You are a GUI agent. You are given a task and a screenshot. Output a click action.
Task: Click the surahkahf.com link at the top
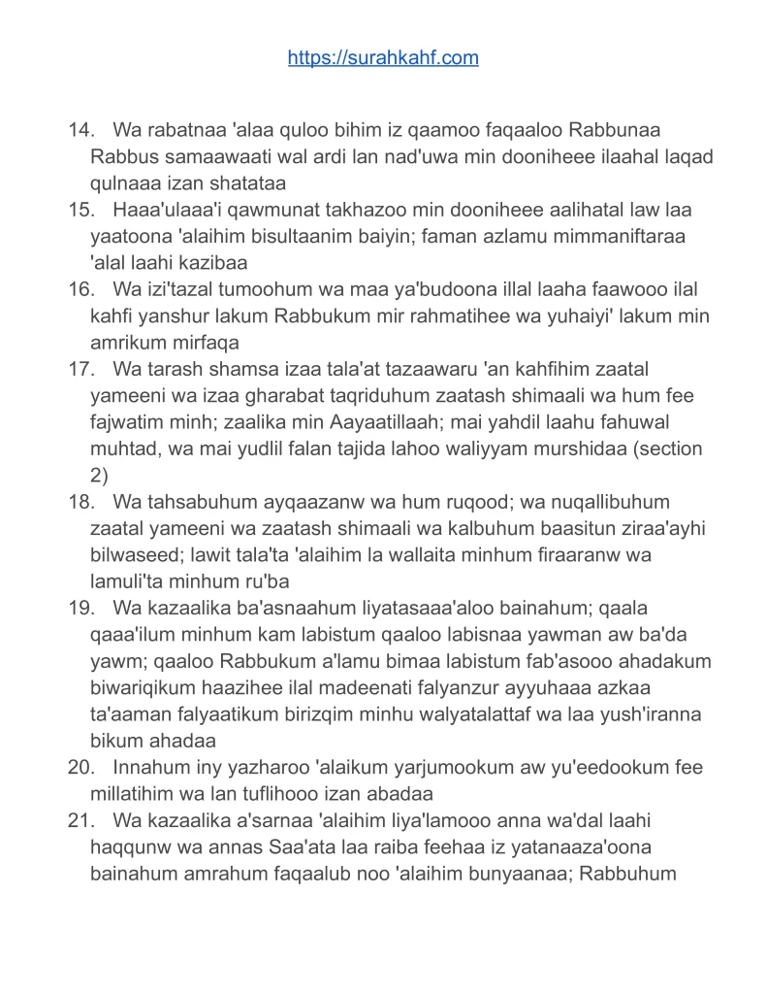click(x=383, y=58)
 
